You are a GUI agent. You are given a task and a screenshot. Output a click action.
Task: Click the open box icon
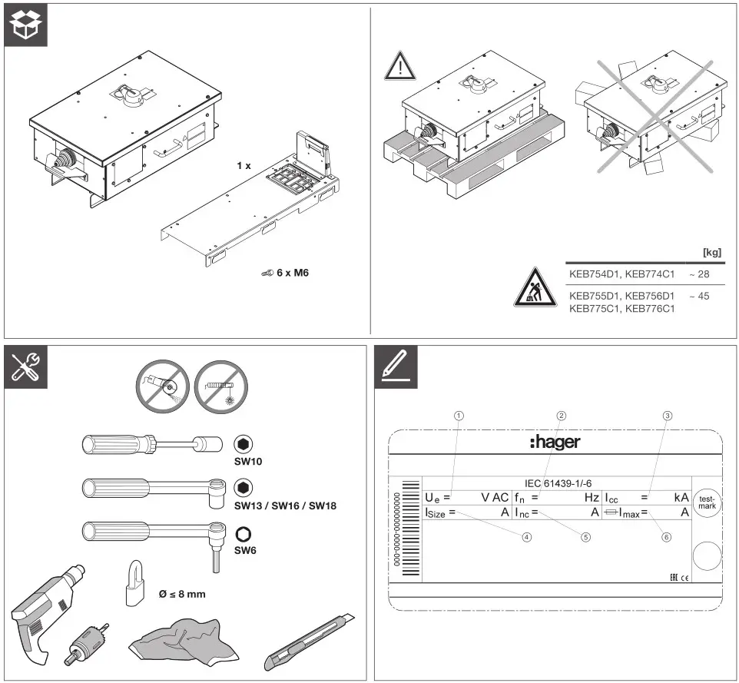[26, 26]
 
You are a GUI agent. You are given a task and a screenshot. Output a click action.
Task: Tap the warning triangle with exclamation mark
[399, 68]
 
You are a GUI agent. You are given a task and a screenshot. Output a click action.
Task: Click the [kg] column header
[711, 252]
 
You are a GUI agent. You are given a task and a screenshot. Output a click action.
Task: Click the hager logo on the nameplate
[555, 442]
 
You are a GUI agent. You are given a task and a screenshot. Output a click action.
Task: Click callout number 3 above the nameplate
[668, 416]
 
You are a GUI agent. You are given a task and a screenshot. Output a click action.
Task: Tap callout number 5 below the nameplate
[585, 538]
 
